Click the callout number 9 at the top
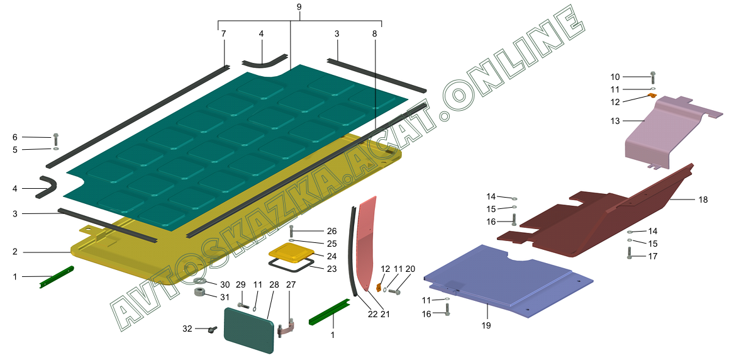pyautogui.click(x=299, y=7)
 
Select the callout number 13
pyautogui.click(x=615, y=120)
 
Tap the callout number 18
pyautogui.click(x=703, y=200)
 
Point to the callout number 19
pyautogui.click(x=486, y=325)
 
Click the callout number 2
pyautogui.click(x=14, y=252)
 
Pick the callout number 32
pyautogui.click(x=187, y=329)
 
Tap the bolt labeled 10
pyautogui.click(x=652, y=77)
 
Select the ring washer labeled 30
pyautogui.click(x=201, y=280)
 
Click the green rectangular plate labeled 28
pyautogui.click(x=248, y=326)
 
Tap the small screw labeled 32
pyautogui.click(x=211, y=329)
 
